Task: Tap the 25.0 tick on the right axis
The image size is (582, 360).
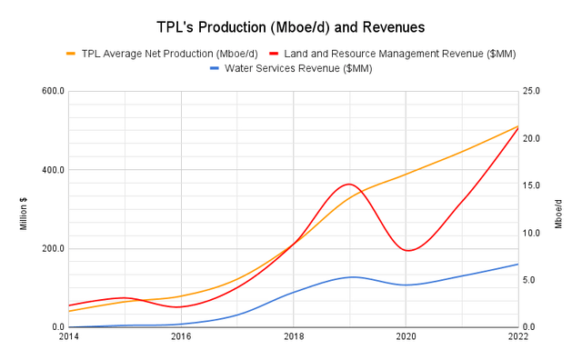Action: [536, 91]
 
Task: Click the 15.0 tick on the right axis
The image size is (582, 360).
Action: [536, 185]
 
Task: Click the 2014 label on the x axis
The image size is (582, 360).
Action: [68, 336]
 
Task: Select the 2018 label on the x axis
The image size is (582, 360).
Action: [294, 336]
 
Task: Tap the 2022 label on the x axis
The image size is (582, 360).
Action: [518, 336]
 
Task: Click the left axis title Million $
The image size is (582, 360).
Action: [23, 209]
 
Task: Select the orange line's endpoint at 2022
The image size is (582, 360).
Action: [518, 126]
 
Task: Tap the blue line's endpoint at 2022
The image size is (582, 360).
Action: [518, 265]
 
